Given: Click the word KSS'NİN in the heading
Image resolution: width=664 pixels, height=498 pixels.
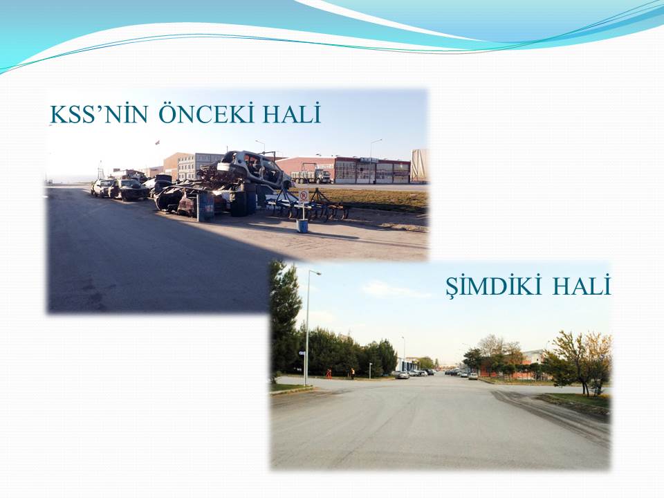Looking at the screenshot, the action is [99, 114].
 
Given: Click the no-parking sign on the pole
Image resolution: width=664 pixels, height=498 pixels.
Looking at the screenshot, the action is [303, 196].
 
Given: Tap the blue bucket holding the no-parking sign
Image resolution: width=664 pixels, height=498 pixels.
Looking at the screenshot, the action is [302, 225].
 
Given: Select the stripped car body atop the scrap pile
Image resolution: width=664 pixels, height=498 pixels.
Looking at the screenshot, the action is [253, 167].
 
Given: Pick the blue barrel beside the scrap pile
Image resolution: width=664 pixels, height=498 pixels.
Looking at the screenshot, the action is [206, 206].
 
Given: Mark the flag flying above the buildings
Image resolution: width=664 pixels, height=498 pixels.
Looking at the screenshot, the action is [158, 142].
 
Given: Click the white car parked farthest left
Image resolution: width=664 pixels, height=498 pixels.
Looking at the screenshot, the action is [102, 187].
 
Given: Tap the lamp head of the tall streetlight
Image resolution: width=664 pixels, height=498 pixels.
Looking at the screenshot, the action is [315, 273].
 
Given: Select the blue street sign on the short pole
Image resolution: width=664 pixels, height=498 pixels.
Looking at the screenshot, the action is [302, 353].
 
